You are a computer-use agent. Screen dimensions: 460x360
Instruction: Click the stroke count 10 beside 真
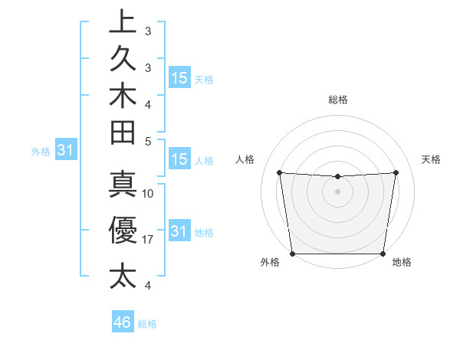149,193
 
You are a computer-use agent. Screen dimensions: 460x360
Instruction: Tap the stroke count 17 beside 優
149,239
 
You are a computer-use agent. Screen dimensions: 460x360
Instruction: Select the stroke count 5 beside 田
149,141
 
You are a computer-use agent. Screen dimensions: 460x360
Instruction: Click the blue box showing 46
123,322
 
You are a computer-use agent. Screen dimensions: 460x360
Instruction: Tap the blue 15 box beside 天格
179,78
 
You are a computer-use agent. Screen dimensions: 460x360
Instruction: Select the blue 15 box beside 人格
179,160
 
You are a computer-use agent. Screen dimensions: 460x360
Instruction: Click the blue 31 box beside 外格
67,151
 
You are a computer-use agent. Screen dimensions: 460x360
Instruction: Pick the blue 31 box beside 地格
179,231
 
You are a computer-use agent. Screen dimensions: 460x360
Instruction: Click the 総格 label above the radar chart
338,100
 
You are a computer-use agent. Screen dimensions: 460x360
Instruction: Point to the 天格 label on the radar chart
432,159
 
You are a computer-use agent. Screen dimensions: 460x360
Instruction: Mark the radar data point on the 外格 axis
293,253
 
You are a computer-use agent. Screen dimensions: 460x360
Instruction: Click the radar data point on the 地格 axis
383,254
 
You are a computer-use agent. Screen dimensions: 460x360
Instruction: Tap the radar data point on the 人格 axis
279,172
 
